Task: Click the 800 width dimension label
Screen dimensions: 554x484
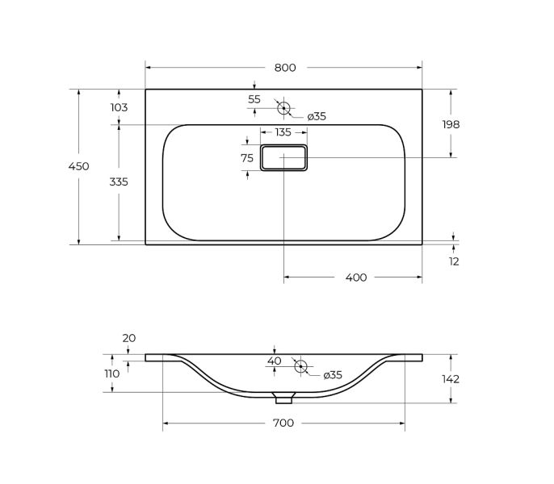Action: (285, 68)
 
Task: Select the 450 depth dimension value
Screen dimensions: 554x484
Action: (79, 166)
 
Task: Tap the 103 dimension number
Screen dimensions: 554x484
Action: (119, 107)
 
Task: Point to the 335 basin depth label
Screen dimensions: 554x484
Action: (119, 181)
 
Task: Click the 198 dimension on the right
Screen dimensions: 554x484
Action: (451, 124)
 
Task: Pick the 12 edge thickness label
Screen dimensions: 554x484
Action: (454, 261)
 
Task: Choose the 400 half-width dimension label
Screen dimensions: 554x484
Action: (356, 277)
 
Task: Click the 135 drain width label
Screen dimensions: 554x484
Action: (283, 132)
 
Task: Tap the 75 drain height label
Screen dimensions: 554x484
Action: (247, 158)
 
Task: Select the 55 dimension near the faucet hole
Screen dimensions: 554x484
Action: (254, 99)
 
